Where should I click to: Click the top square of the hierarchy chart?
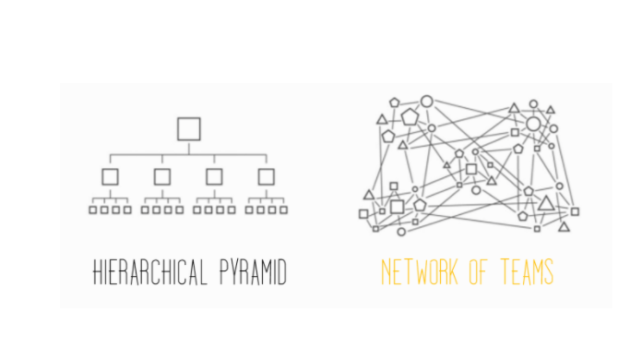[188, 128]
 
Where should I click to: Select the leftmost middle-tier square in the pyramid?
[110, 175]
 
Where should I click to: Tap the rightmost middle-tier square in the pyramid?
[266, 175]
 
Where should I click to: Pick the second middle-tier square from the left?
[162, 175]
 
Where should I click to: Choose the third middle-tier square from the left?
[214, 175]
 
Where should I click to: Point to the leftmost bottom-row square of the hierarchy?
[92, 210]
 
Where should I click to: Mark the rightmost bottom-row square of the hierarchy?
[283, 210]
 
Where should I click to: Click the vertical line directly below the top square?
[188, 147]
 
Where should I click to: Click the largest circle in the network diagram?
[533, 124]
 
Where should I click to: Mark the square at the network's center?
[471, 169]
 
